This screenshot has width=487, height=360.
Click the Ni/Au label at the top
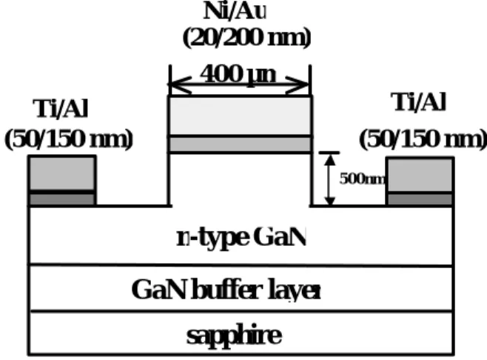(235, 11)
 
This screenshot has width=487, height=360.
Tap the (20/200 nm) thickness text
(247, 38)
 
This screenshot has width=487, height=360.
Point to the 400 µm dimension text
(238, 75)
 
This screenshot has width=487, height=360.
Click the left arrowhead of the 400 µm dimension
(180, 84)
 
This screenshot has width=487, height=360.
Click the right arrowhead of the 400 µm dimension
(298, 84)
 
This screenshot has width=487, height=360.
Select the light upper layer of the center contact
(240, 116)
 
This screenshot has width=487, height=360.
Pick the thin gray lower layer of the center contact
(240, 144)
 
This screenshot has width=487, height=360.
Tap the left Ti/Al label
(61, 108)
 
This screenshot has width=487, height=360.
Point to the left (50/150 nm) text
(69, 139)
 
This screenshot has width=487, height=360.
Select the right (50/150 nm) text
(423, 139)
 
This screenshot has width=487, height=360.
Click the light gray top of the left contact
(62, 173)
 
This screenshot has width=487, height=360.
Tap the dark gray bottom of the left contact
(62, 199)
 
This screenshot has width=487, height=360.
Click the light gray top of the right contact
(420, 175)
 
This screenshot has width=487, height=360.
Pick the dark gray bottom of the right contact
(420, 199)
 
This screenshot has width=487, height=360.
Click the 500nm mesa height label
(363, 179)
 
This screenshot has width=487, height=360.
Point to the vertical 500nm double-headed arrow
(329, 179)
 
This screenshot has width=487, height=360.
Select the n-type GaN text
(241, 238)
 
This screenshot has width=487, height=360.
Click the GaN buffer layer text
(226, 290)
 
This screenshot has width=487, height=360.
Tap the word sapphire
(234, 335)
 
